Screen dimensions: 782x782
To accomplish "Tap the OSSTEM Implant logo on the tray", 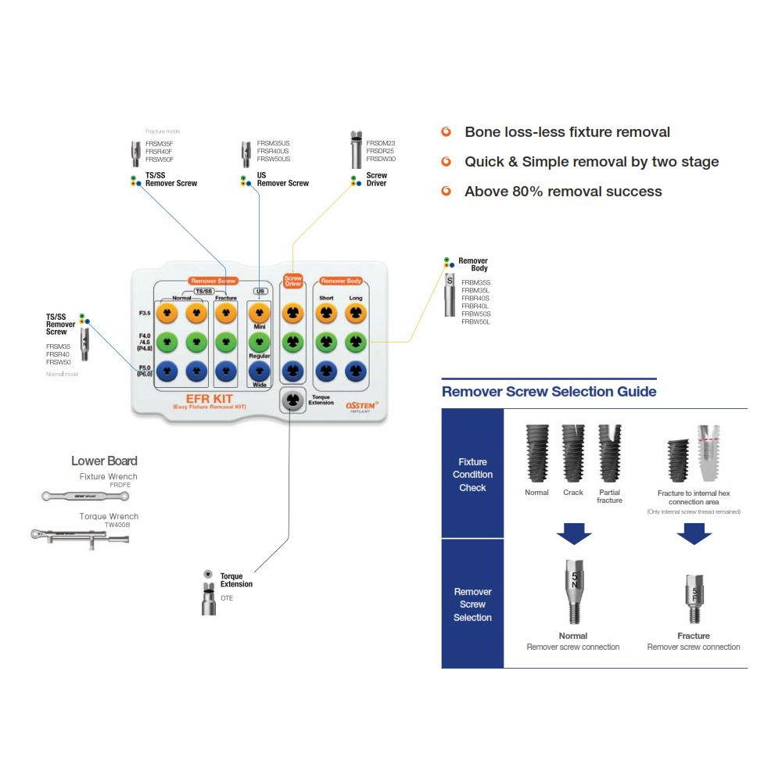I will [362, 406].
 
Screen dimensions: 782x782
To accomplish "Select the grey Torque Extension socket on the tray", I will [292, 400].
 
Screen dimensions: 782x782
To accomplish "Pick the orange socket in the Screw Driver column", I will [292, 313].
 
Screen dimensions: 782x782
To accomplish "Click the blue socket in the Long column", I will [355, 370].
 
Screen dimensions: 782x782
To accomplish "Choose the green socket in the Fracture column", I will [226, 342].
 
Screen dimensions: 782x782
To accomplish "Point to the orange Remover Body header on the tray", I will [341, 281].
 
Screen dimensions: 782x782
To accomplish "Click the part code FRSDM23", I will [381, 143].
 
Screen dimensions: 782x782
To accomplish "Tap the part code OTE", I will [227, 598].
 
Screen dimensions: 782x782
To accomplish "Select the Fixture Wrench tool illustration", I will [89, 495].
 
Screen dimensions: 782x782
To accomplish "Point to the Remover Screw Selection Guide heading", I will [549, 392].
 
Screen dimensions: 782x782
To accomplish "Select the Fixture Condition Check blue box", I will [472, 474].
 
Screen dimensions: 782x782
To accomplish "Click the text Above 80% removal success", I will [563, 192].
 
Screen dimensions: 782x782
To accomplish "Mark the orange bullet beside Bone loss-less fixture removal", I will [447, 132].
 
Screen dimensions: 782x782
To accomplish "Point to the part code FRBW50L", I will [476, 321].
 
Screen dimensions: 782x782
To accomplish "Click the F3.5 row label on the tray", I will [145, 314].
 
